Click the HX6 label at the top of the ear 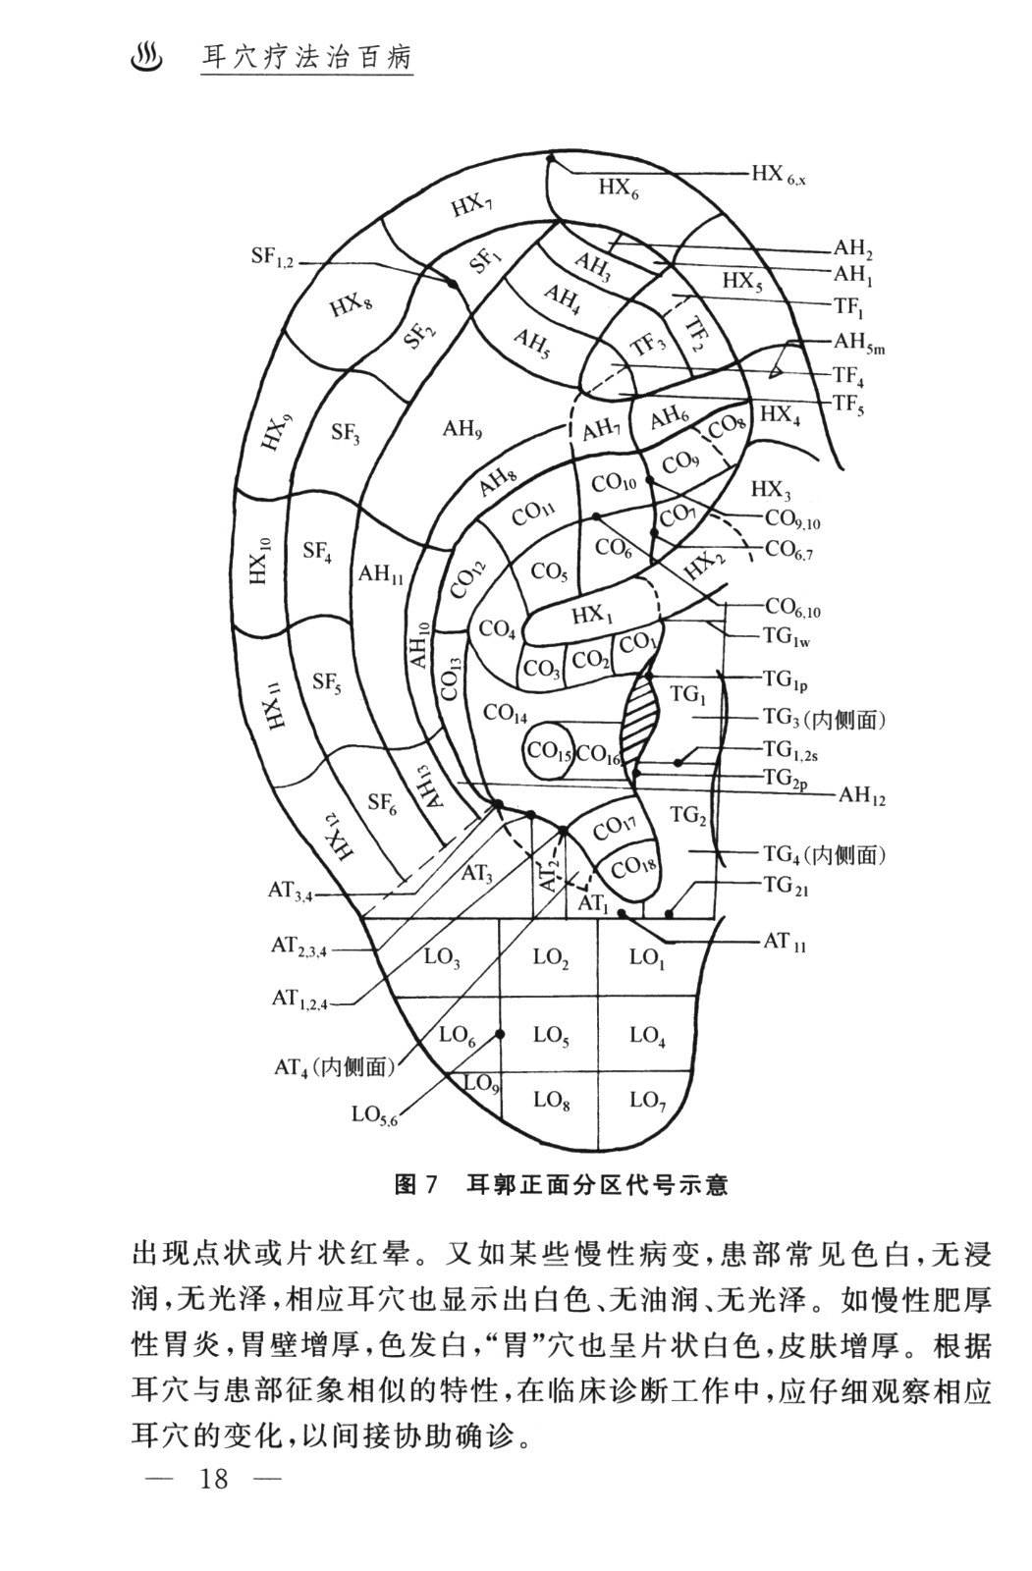619,187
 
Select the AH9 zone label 462,428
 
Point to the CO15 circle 549,751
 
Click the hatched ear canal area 640,714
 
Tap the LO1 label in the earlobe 647,957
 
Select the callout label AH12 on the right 861,795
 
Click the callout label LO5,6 374,1114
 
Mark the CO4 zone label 499,629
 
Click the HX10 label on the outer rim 259,561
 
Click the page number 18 213,1478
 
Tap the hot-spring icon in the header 146,56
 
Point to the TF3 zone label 648,345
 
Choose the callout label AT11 785,944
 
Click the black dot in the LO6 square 500,1034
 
